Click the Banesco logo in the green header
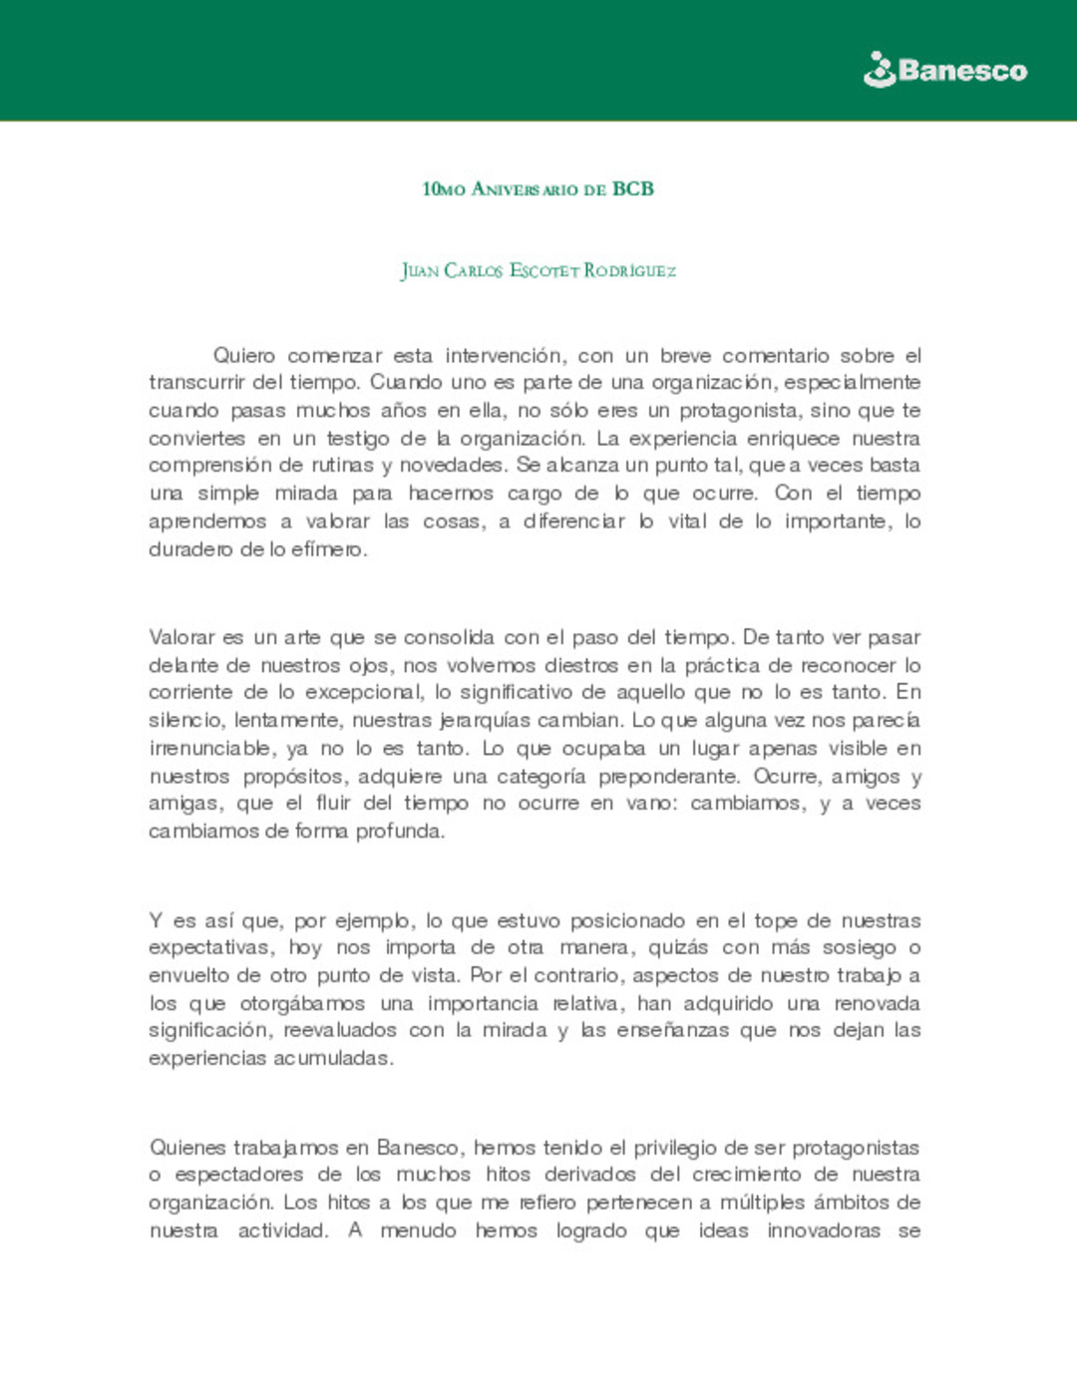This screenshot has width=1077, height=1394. (x=944, y=71)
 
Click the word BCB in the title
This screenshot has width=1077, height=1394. (x=633, y=188)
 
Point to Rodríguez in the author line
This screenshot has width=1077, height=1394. (x=629, y=270)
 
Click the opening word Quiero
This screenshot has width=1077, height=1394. (x=244, y=355)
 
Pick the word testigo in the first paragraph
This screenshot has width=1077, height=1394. (x=357, y=438)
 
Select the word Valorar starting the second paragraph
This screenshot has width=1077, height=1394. (x=182, y=637)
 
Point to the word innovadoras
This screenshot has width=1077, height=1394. (x=824, y=1230)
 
